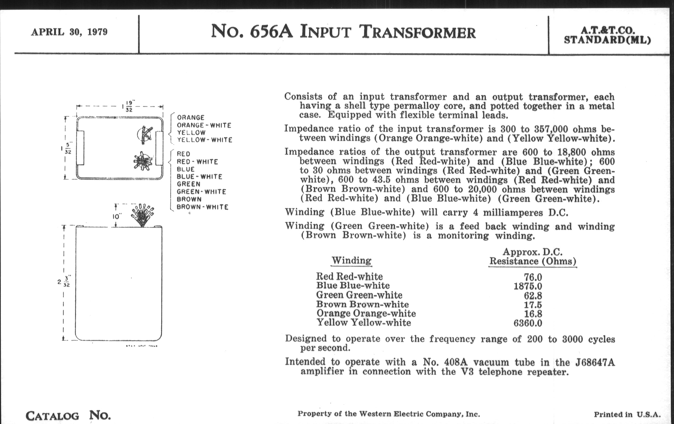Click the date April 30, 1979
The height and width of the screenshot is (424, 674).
69,32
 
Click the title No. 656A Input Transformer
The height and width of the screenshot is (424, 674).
343,32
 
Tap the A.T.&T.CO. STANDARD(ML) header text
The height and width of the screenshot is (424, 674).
607,35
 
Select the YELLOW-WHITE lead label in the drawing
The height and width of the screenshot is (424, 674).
205,140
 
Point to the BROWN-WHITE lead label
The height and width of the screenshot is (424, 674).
202,207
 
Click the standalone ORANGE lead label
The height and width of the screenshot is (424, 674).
191,118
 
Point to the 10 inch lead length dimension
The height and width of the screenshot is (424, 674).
117,217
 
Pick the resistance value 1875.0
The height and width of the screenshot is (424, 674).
528,286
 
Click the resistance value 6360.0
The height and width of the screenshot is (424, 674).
528,323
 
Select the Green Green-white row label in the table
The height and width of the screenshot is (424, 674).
359,295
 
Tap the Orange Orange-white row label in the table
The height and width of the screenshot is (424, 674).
366,313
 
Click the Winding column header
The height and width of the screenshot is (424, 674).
352,260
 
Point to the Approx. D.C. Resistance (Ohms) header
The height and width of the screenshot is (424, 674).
532,257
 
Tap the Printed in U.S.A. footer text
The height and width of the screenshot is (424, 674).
627,414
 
